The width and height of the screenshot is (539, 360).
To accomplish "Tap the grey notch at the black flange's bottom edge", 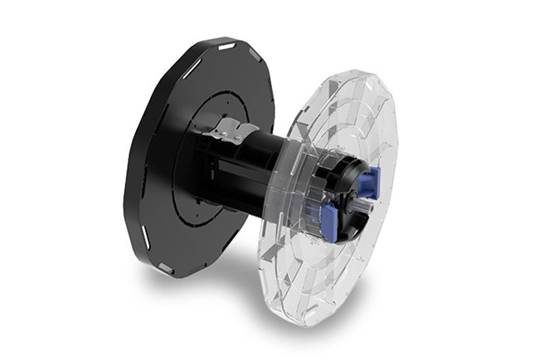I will pyautogui.click(x=165, y=267).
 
